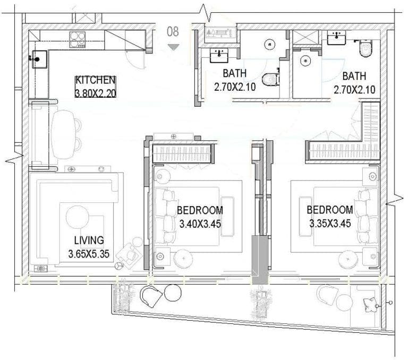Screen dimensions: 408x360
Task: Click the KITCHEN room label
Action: click(95, 80)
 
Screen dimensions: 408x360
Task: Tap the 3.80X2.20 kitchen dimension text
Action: click(95, 93)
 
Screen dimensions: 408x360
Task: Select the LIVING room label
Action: click(89, 240)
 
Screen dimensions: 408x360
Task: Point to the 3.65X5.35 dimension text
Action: click(89, 254)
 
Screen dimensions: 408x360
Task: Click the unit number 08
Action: click(173, 31)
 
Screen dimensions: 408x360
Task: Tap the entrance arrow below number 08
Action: click(173, 47)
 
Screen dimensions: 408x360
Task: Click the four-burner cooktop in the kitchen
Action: click(77, 39)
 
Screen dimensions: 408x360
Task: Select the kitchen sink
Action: click(39, 59)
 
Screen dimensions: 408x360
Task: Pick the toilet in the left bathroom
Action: click(270, 79)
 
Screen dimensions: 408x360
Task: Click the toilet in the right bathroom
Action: click(365, 48)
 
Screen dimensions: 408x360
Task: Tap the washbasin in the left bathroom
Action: click(219, 55)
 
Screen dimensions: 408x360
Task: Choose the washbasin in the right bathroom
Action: click(336, 38)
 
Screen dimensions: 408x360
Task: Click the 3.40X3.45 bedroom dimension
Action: click(200, 224)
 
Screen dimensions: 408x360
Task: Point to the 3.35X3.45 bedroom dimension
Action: click(330, 224)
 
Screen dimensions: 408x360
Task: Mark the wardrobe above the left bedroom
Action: click(183, 153)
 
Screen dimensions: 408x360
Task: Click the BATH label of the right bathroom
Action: click(354, 76)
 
